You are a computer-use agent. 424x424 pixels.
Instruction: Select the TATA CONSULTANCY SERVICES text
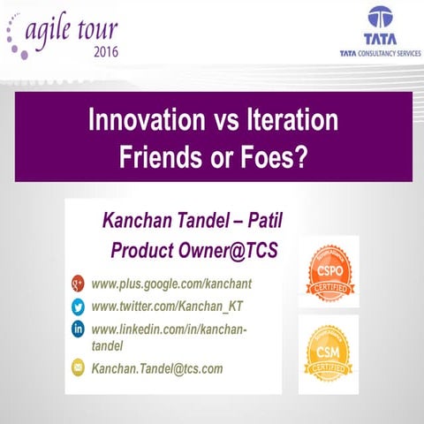(x=381, y=54)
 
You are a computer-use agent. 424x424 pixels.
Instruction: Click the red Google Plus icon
(x=78, y=284)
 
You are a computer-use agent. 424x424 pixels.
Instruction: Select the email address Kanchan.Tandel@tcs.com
(x=157, y=367)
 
